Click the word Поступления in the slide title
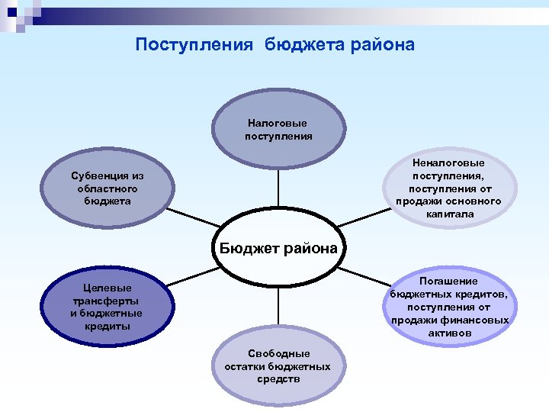194,45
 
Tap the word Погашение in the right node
450,282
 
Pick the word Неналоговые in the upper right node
449,163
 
